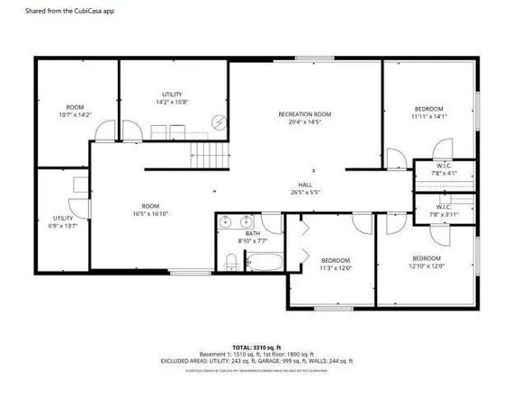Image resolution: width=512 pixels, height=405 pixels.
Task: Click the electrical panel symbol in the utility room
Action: point(218,122)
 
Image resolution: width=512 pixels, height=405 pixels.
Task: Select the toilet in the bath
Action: point(231,262)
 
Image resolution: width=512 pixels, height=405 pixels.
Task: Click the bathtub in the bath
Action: point(265,263)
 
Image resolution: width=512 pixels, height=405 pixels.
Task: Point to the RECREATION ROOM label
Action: point(304,114)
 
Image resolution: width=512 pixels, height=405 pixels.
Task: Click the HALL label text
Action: point(306,186)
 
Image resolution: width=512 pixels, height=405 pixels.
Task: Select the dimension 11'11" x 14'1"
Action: point(428,116)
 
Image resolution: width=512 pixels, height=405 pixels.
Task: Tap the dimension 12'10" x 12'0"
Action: point(427,265)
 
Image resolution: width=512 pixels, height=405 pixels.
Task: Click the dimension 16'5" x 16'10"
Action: point(150,213)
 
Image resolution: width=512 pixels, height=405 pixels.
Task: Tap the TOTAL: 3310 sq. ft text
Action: point(256,346)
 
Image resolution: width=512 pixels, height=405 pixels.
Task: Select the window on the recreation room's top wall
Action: point(306,59)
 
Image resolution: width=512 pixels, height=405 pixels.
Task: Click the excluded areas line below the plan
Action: point(256,361)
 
